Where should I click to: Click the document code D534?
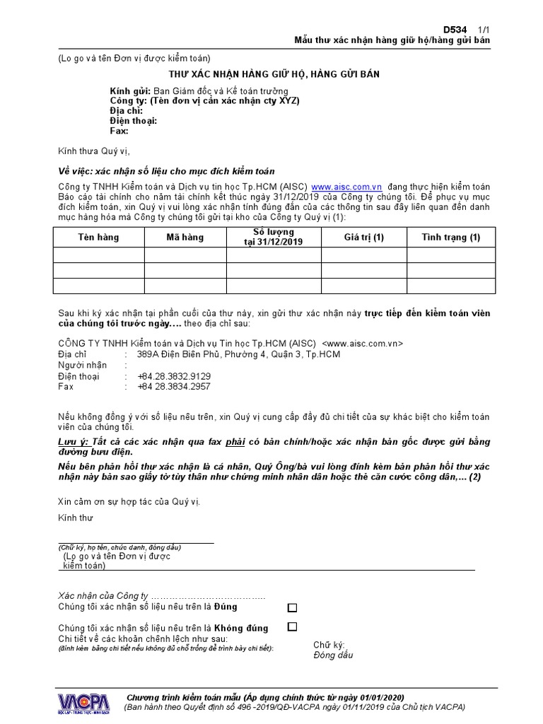point(455,29)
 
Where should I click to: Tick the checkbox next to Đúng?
point(292,607)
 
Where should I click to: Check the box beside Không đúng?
point(292,626)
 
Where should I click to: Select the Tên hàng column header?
point(98,238)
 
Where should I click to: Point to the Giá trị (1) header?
point(363,238)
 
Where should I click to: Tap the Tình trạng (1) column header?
point(450,238)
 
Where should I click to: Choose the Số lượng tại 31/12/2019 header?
point(274,237)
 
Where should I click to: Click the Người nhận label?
point(82,366)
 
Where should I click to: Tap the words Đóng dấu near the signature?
point(333,655)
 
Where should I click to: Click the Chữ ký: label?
point(329,645)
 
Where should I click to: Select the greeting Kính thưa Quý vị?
point(93,151)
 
